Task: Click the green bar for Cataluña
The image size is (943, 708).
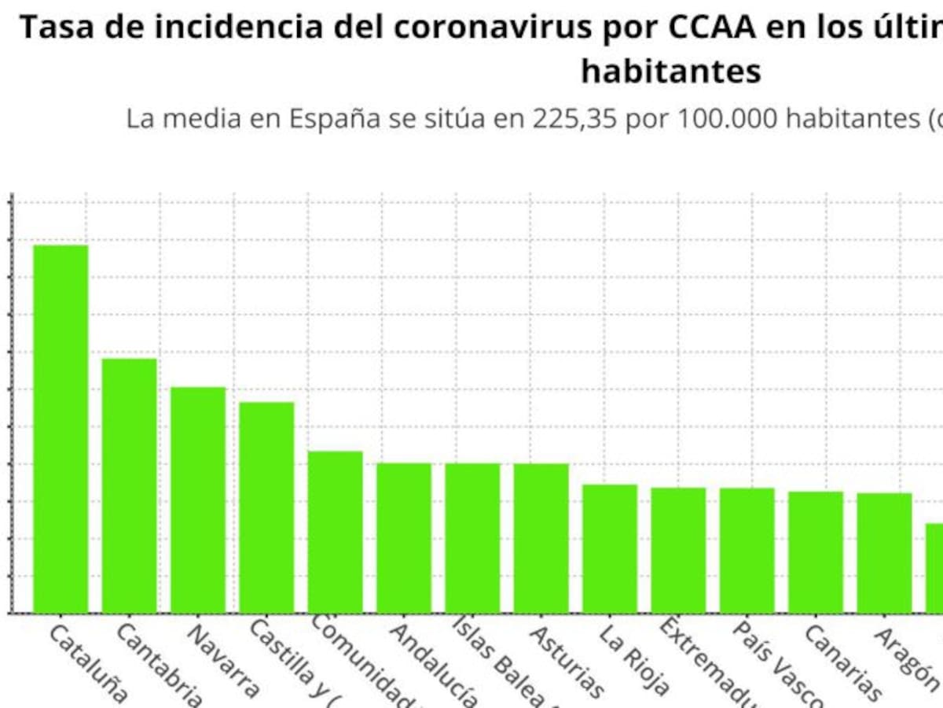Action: click(61, 429)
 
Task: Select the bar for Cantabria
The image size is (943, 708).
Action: click(130, 485)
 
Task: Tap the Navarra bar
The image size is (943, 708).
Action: click(198, 500)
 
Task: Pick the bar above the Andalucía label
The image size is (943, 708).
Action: click(404, 537)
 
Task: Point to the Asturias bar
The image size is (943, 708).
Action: click(541, 537)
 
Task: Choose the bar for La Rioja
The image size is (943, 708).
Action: click(610, 548)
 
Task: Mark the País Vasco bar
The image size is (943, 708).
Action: click(747, 550)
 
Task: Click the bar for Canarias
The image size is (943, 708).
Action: click(816, 551)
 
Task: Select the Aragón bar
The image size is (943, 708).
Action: click(884, 552)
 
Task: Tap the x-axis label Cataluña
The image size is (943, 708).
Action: click(87, 663)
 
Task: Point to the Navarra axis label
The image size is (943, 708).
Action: click(224, 662)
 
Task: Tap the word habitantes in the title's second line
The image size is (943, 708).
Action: click(671, 71)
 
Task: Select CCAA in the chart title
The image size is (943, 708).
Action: click(712, 28)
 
